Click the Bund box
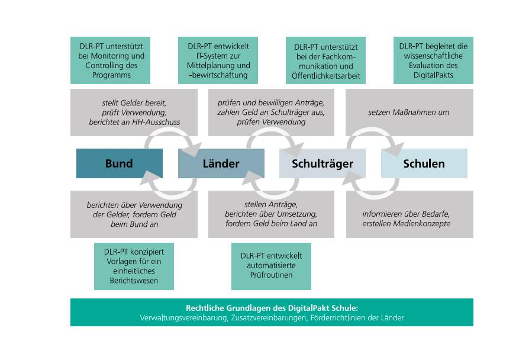point(119,163)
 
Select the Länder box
point(221,163)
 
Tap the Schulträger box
point(322,163)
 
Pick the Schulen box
point(424,163)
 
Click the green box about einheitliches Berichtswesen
point(134,266)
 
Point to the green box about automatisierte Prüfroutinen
point(271,266)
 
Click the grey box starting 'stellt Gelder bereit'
point(134,112)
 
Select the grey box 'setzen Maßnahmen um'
point(410,112)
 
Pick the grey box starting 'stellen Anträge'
point(271,214)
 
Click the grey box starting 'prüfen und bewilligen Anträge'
point(271,112)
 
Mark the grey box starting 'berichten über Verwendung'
point(134,214)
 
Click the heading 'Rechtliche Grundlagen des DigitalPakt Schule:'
point(272,308)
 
